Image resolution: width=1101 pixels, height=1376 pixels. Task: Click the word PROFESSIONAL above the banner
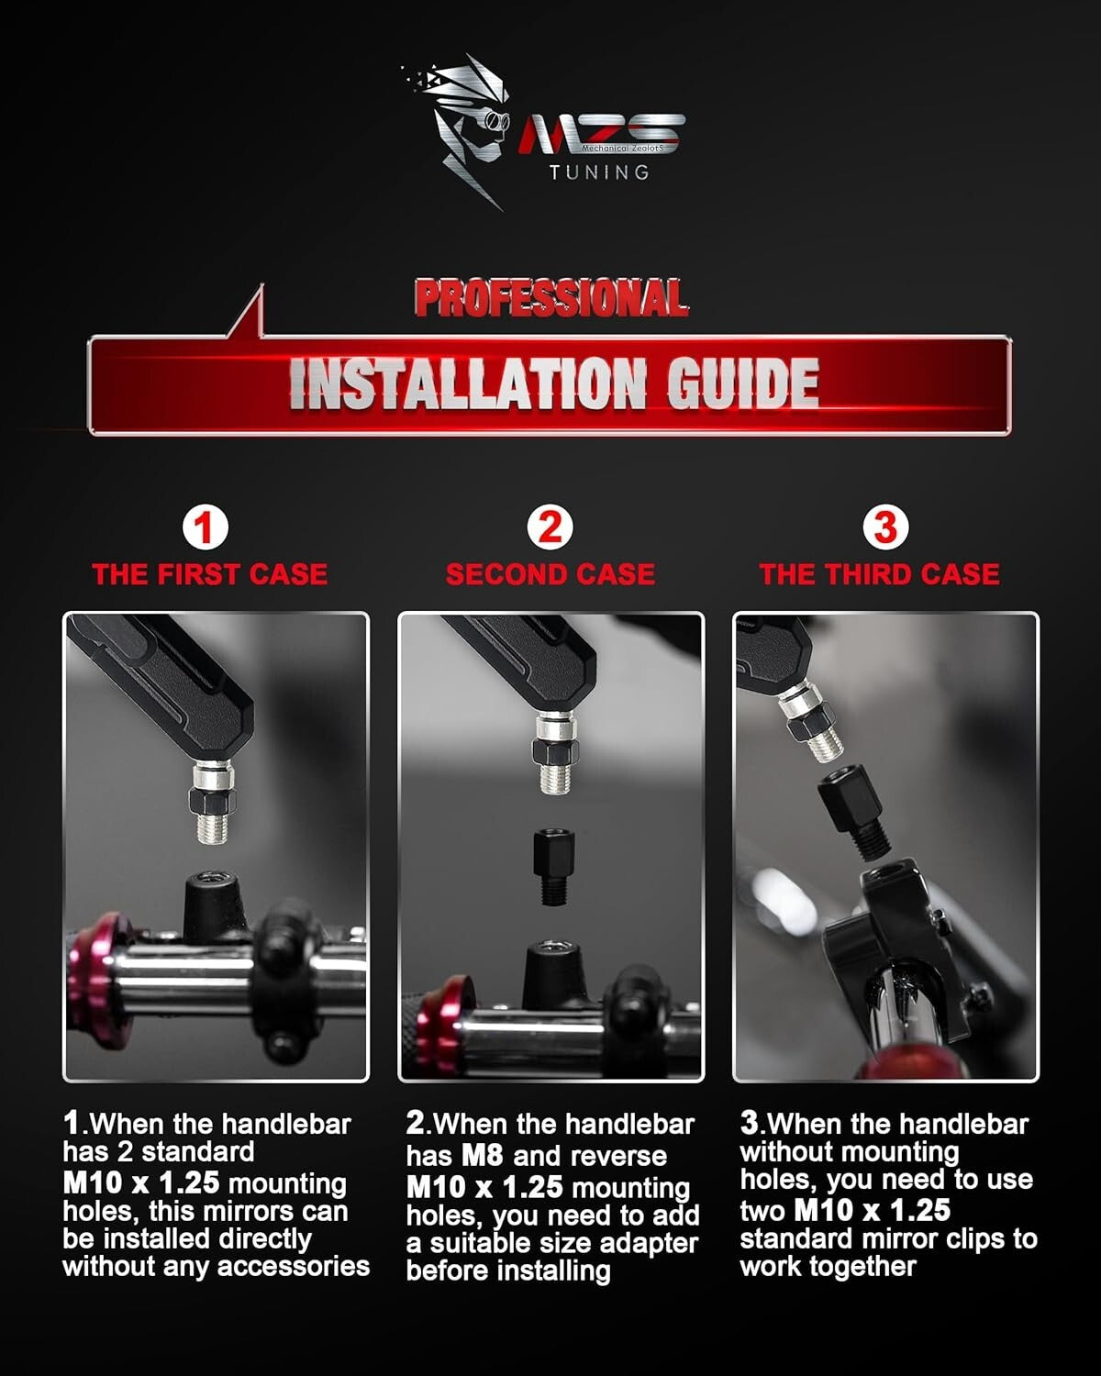pos(551,297)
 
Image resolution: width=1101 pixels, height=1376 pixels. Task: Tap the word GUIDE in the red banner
pos(742,383)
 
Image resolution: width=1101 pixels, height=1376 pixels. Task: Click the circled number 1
pos(206,528)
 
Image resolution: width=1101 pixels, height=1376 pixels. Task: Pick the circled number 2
pos(550,528)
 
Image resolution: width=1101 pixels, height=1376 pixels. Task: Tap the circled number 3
pos(885,528)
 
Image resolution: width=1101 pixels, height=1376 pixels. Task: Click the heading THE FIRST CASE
pos(210,574)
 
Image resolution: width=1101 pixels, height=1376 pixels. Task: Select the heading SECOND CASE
pos(550,574)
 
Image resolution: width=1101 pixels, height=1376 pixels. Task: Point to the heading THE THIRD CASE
pos(880,574)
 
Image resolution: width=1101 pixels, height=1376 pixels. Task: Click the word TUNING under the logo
pos(599,172)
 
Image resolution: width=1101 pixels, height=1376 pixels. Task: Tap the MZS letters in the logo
pos(601,134)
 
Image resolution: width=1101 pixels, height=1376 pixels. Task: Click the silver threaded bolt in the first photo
pos(213,801)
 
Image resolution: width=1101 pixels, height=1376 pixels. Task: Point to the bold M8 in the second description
pos(482,1156)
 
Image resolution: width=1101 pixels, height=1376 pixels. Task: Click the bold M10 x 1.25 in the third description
pos(872,1210)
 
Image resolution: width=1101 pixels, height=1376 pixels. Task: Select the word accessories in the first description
pos(294,1267)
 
